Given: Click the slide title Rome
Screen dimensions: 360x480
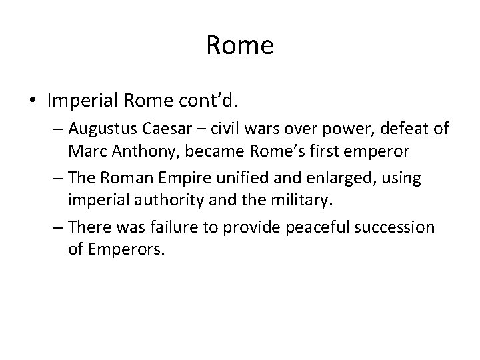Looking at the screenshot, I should (240, 45).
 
